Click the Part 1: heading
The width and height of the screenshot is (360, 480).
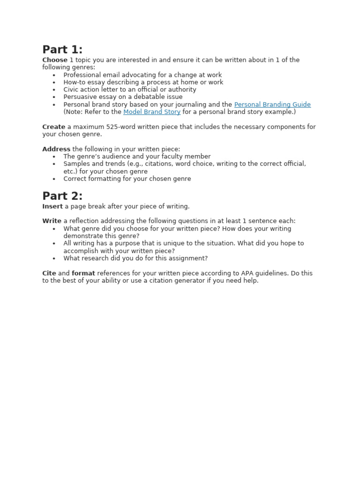(x=62, y=50)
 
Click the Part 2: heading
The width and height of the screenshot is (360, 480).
(x=62, y=196)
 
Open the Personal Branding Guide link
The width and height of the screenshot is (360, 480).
(x=272, y=105)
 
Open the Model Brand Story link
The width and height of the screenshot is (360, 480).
(x=152, y=112)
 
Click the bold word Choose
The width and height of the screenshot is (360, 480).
(x=55, y=60)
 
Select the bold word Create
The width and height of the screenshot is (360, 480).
(x=53, y=127)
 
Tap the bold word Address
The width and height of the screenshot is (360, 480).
(x=56, y=149)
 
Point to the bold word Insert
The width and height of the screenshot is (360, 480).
(x=52, y=206)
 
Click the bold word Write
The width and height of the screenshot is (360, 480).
(x=52, y=221)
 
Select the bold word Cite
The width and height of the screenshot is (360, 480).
(x=49, y=273)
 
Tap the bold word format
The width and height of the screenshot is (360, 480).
(x=83, y=273)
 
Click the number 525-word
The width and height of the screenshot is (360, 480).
(x=118, y=127)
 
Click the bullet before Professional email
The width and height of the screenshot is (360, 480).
(x=54, y=75)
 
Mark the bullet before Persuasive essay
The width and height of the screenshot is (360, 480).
(x=54, y=97)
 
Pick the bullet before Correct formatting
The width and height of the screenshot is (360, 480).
(x=54, y=179)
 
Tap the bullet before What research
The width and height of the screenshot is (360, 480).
(x=54, y=258)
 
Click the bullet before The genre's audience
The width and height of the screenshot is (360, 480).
(x=54, y=157)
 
